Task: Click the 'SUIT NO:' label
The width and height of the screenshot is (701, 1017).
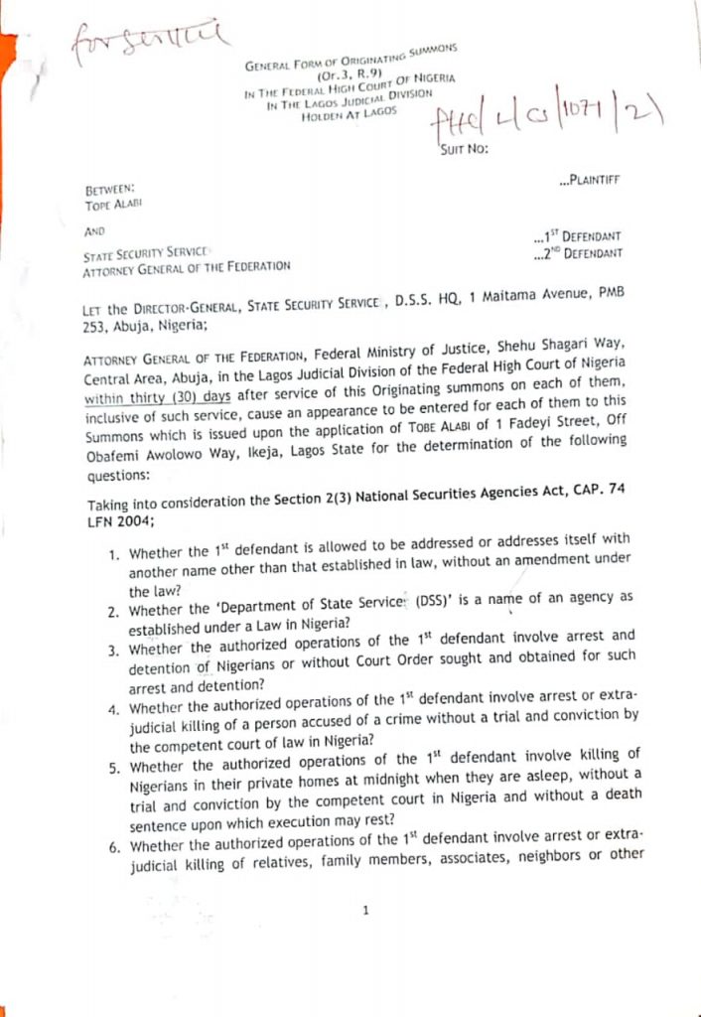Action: (x=464, y=150)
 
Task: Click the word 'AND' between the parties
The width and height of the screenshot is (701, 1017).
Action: (x=95, y=230)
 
